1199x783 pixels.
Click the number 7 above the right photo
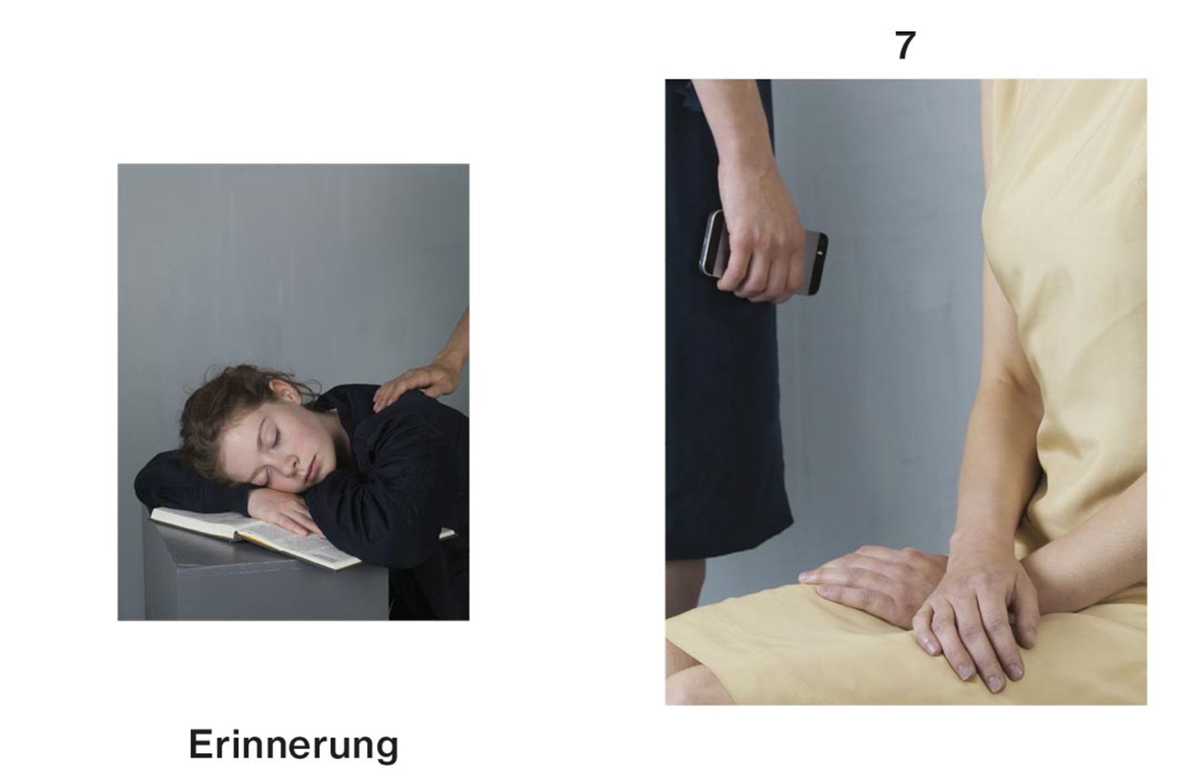click(x=905, y=45)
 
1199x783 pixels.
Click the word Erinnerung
click(x=294, y=745)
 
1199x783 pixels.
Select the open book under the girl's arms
click(x=270, y=537)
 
